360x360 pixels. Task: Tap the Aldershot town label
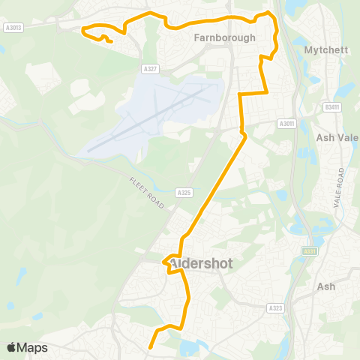point(202,264)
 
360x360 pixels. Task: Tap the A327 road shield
point(150,69)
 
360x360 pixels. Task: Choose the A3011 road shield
point(286,124)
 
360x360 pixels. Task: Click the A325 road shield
point(184,193)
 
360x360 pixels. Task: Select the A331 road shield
point(309,251)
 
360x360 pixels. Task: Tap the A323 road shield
point(276,307)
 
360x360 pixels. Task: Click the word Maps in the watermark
point(33,347)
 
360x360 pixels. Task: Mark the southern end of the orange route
point(150,347)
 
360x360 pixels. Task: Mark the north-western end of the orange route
point(111,42)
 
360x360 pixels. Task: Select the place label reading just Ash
point(326,286)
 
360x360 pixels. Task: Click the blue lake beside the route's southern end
point(188,346)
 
